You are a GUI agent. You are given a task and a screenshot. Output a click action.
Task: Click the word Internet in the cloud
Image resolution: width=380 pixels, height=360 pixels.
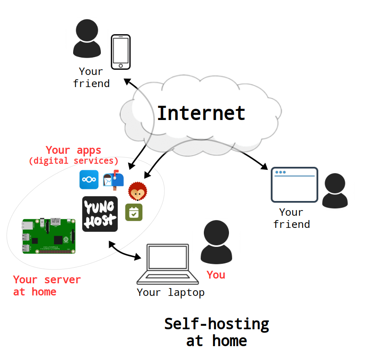click(x=201, y=113)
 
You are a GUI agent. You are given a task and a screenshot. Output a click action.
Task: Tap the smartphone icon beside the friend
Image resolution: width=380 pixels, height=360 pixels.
click(x=120, y=52)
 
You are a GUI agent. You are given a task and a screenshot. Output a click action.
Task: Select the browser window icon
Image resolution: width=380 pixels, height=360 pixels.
click(x=294, y=185)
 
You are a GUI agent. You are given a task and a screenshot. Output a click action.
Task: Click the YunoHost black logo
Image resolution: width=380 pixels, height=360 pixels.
click(x=100, y=214)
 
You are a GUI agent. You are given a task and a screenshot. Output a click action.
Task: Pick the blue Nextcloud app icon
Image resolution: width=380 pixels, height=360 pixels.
click(x=89, y=180)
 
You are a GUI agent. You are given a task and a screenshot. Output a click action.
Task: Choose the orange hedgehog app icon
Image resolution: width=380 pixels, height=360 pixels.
click(x=138, y=191)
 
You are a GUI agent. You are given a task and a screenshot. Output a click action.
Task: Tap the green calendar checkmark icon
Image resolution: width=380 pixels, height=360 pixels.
click(x=134, y=212)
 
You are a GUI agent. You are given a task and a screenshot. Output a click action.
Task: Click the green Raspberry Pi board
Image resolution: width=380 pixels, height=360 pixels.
click(x=49, y=236)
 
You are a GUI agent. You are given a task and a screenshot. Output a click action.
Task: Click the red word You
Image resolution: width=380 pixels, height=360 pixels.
click(x=216, y=275)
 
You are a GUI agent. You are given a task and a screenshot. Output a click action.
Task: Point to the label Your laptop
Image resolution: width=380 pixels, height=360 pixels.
click(x=171, y=292)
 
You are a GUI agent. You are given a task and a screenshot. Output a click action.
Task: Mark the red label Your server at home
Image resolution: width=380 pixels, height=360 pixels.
click(x=47, y=285)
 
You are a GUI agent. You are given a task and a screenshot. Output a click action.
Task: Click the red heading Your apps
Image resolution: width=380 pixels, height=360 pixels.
click(x=74, y=150)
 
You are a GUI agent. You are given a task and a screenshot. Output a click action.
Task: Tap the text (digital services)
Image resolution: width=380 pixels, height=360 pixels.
click(x=74, y=161)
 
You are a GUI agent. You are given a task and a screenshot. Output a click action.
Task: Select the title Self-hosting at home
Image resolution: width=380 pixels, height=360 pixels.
click(x=216, y=332)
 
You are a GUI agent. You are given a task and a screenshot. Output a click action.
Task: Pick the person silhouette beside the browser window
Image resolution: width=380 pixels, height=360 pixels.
click(x=335, y=191)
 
